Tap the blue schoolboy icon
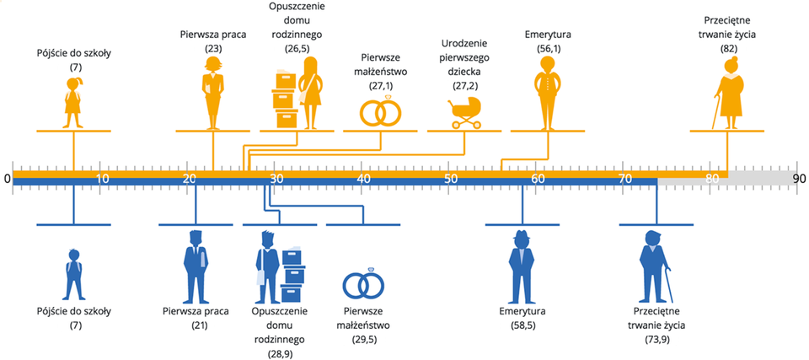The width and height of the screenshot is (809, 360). click(x=73, y=275)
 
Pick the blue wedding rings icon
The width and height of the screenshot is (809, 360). click(x=363, y=285)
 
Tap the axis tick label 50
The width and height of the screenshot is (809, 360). click(x=450, y=178)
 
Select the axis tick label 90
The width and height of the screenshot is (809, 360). click(x=799, y=178)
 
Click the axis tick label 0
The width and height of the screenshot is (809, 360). click(x=7, y=178)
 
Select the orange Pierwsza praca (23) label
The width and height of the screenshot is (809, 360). click(x=212, y=42)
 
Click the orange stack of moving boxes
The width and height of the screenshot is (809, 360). click(x=285, y=99)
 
